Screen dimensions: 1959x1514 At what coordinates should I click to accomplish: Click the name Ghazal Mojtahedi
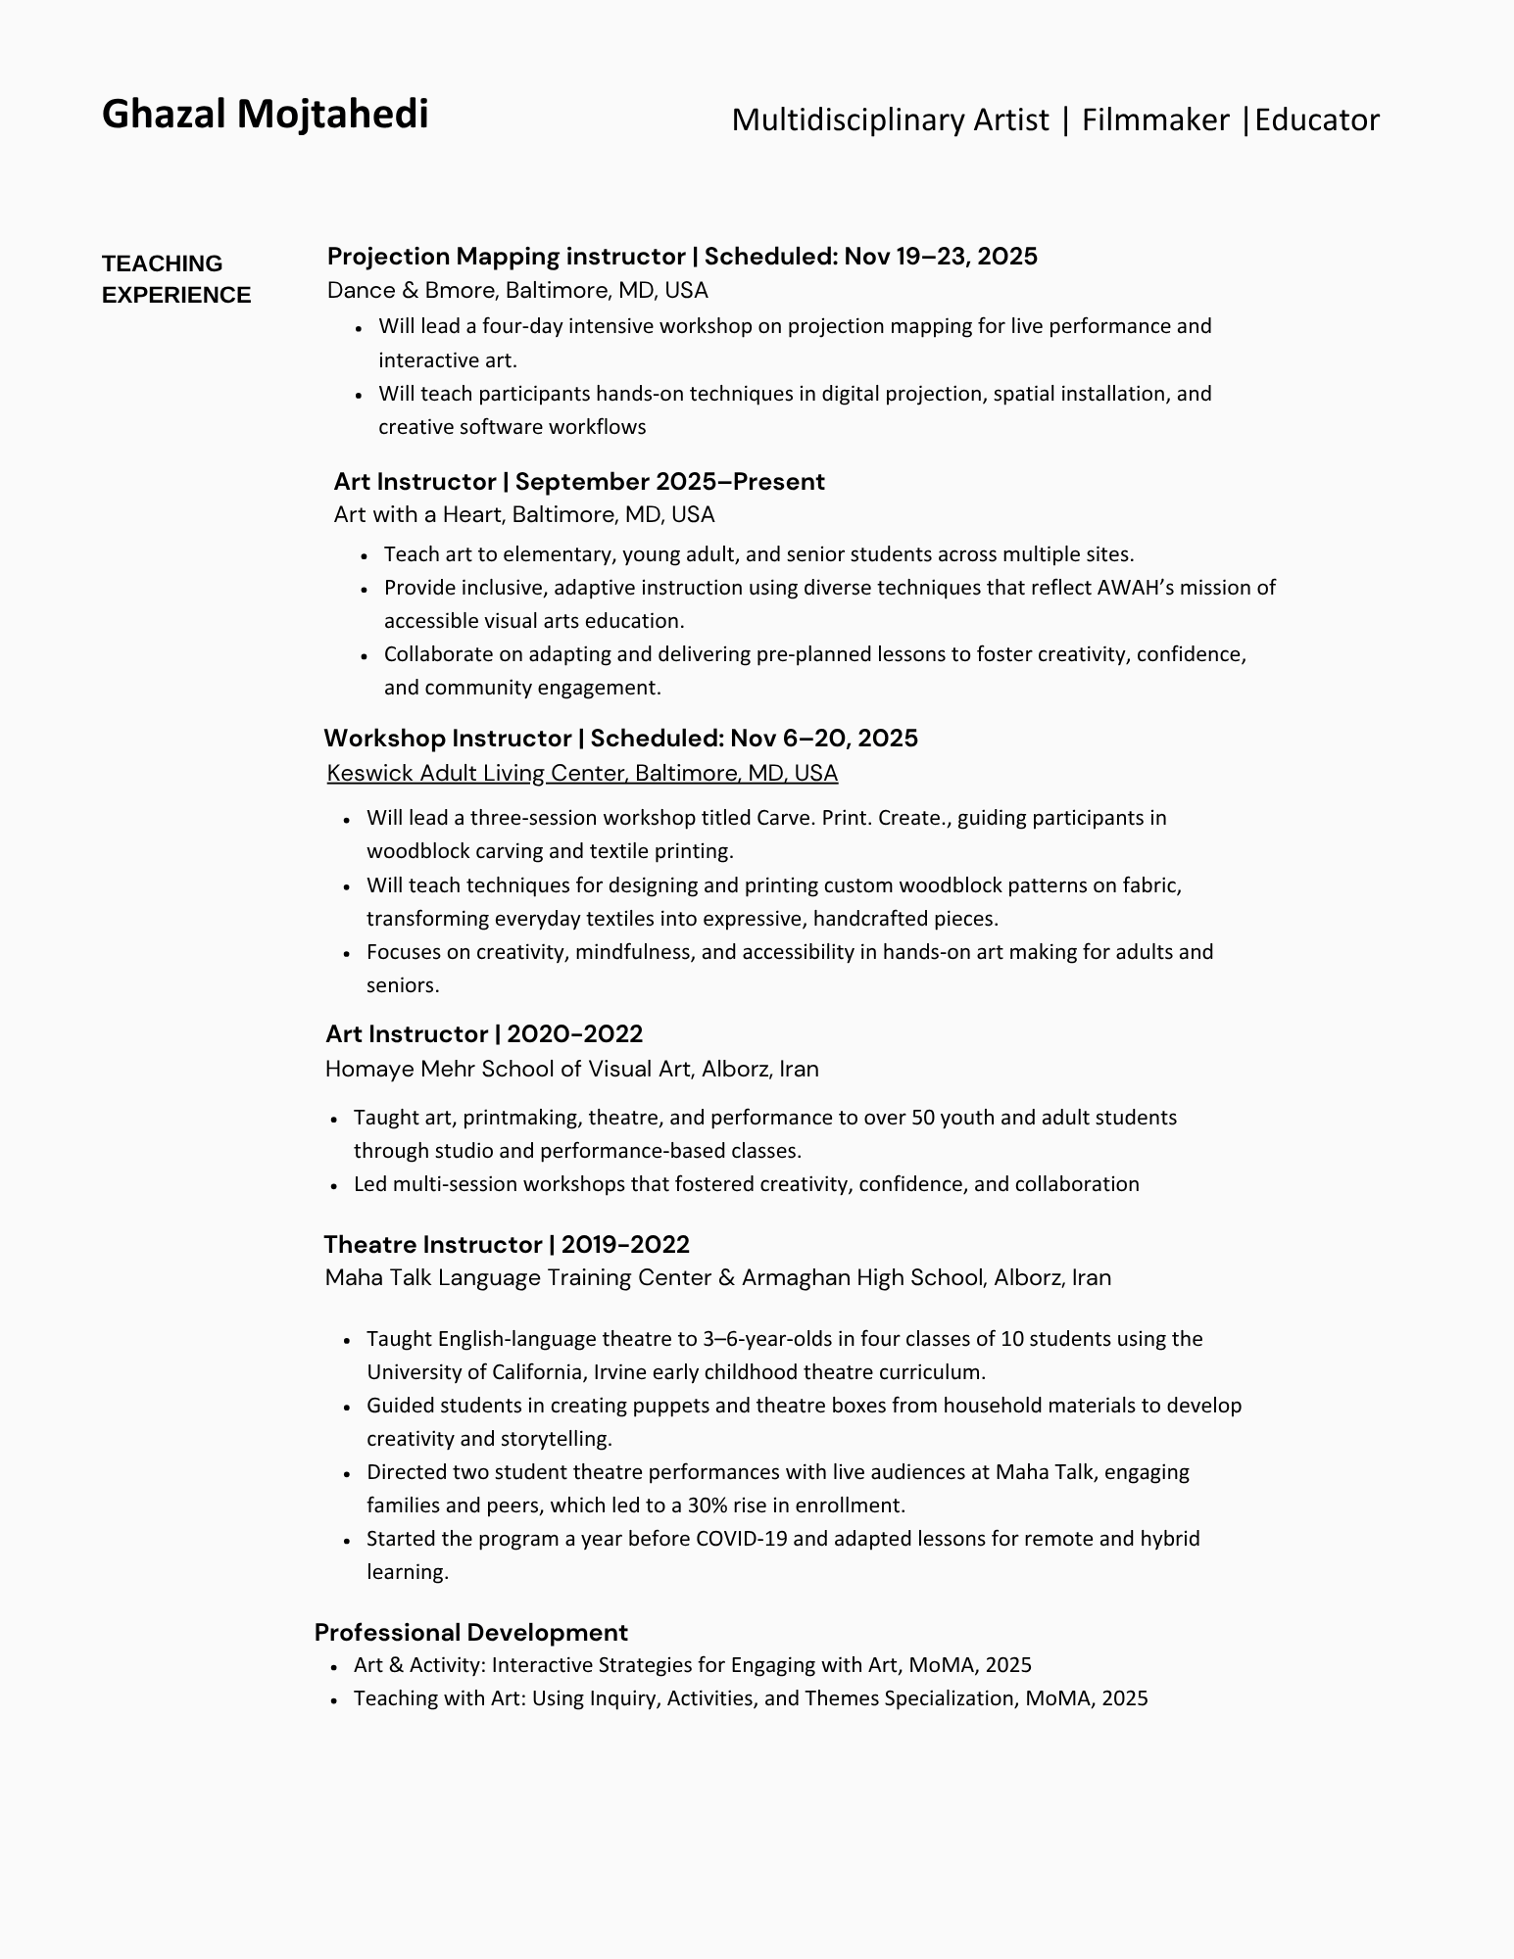265,115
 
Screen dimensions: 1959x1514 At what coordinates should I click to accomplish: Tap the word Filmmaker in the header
1154,119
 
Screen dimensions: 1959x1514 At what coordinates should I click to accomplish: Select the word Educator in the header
1317,119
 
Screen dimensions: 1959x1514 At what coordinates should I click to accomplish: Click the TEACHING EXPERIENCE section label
176,279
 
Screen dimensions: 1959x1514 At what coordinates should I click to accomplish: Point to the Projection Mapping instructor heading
506,257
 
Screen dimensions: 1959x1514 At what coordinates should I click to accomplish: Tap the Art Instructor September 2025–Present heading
578,482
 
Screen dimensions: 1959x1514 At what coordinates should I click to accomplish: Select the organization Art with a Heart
416,515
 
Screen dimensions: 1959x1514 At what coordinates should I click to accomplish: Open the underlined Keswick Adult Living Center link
582,774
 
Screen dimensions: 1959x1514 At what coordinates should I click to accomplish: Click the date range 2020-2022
574,1034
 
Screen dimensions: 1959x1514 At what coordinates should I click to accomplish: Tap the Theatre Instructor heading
432,1245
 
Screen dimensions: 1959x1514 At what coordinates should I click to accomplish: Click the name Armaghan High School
861,1278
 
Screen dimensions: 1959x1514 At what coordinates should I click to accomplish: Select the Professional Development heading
470,1633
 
